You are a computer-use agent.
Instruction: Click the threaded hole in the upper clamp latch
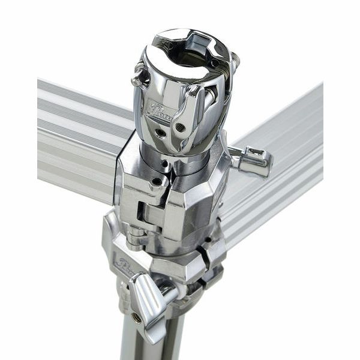coord(181,127)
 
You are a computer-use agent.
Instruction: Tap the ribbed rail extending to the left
coord(78,138)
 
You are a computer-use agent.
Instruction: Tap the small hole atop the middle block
coord(158,181)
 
